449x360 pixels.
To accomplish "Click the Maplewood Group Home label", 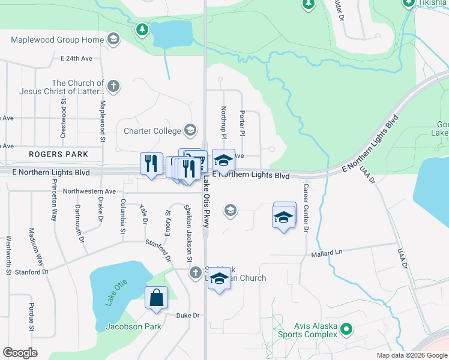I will pos(58,40).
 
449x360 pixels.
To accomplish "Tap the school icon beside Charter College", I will pos(190,130).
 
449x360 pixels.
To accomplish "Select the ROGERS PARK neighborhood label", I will pos(58,154).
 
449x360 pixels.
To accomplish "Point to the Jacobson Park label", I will pos(133,326).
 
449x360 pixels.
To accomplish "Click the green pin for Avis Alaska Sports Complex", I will pos(346,329).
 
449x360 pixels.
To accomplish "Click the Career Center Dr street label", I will pos(306,208).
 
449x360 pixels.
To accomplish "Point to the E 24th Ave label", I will pos(76,59).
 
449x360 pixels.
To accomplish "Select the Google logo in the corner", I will pos(20,353).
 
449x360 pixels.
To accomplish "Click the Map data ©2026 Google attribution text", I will pos(412,355).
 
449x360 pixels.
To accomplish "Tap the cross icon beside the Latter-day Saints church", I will pos(113,86).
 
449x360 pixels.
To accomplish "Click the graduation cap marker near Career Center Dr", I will pos(285,217).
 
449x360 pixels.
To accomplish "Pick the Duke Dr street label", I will pos(187,315).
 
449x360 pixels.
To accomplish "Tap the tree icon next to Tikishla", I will pos(408,3).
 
